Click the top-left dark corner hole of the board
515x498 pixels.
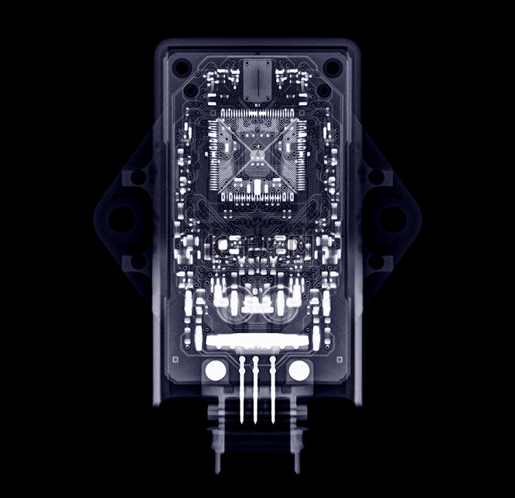coord(182,68)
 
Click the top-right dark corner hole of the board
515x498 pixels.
coord(332,67)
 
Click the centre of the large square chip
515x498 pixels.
coord(257,156)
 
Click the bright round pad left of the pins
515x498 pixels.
coord(216,371)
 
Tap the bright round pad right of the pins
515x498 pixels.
coord(299,371)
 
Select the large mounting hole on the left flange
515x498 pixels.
coord(122,218)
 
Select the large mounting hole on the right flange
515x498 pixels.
coord(393,218)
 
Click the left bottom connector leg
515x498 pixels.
coord(218,440)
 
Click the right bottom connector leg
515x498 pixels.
coord(297,440)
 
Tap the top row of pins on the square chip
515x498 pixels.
coord(257,113)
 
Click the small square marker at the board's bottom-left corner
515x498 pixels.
coord(175,359)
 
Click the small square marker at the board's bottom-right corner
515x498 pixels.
coord(340,359)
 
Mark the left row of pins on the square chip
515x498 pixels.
coord(214,156)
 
